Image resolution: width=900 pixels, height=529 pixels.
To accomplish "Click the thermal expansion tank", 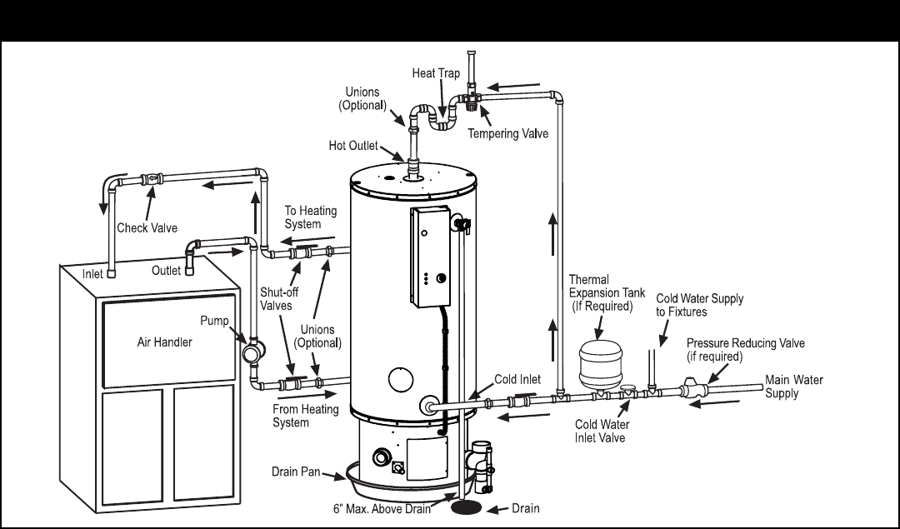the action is (600, 365).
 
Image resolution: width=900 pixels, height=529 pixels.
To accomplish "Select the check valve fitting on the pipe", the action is (152, 178).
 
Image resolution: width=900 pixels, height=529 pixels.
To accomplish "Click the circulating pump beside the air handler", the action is (252, 350).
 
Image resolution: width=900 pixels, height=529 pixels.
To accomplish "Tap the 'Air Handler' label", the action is (165, 342).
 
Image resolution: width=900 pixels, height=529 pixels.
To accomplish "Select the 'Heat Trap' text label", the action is (436, 72).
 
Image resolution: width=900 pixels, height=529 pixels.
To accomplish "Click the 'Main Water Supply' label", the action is (794, 387).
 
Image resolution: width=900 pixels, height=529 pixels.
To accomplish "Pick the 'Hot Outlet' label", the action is (353, 146).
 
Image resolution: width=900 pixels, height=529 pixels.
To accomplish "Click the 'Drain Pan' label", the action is (296, 472).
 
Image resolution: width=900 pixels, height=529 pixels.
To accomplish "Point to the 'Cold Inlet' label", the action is (517, 379).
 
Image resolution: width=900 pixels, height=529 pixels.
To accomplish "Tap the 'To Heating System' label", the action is (311, 217).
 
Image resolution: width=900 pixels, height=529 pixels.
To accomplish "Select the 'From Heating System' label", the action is (305, 416).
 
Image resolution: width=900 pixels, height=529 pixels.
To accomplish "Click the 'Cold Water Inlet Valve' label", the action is (602, 431).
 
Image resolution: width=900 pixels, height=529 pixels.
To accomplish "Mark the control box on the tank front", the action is (431, 256).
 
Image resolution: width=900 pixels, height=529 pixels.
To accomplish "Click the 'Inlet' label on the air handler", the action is (92, 274).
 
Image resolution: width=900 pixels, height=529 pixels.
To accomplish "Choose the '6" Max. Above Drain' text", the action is (382, 509).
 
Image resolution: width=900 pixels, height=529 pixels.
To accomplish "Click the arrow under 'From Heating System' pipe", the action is (307, 394).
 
